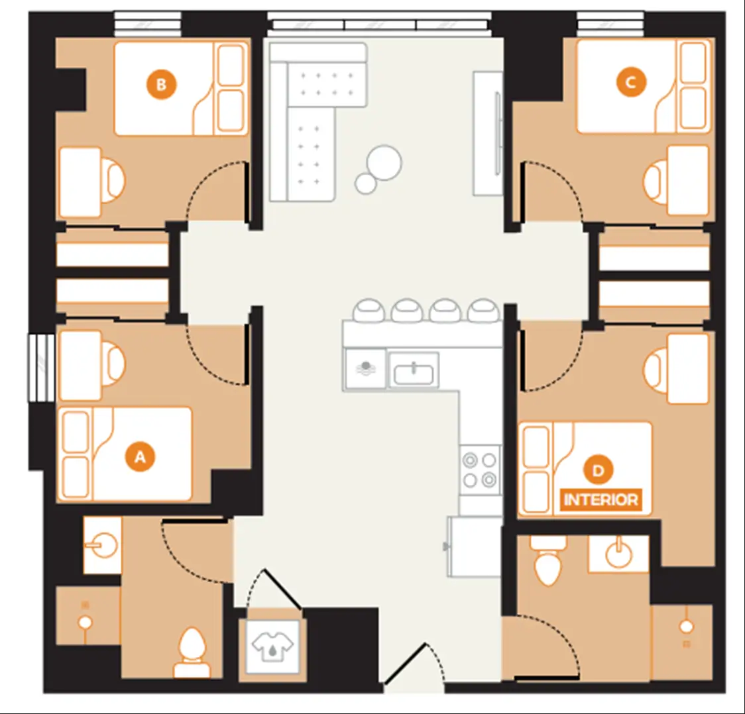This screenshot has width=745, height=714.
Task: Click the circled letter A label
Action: pos(140,457)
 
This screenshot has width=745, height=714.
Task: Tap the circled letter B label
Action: pos(161,85)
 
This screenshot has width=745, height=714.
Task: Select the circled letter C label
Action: pos(631,82)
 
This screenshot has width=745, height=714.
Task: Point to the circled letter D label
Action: pos(598,470)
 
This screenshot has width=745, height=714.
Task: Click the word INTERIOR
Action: pos(601,500)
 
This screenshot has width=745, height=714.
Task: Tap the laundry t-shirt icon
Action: pos(272,646)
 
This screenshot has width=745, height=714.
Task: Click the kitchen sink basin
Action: pos(414,370)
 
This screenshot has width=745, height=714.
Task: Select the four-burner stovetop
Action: pos(480,470)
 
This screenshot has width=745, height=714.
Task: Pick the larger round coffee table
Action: pos(384,162)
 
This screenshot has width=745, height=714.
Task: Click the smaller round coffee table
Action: pos(365,183)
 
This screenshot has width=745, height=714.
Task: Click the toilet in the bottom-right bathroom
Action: pos(549,560)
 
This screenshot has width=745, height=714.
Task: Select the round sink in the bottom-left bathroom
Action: pos(101,545)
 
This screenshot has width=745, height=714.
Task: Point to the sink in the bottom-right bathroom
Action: pos(618,552)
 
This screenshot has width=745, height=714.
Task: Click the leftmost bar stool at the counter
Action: pos(369,311)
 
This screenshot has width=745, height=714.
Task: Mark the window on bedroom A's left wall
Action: pos(41,368)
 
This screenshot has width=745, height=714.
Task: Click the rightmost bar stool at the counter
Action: pos(483,311)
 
